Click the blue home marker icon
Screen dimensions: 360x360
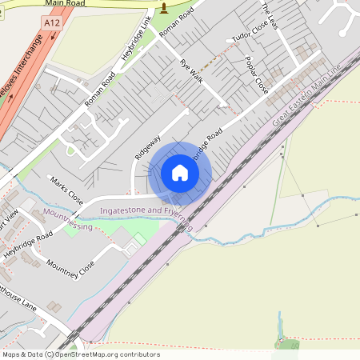click(x=180, y=172)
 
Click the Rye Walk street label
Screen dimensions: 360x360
click(x=190, y=73)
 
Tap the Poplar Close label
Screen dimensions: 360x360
click(x=256, y=74)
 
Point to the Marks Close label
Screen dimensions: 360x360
click(x=66, y=190)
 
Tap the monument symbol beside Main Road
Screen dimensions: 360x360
click(x=165, y=9)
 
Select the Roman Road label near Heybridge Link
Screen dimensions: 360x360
click(x=101, y=86)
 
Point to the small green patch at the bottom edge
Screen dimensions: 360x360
click(x=288, y=345)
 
